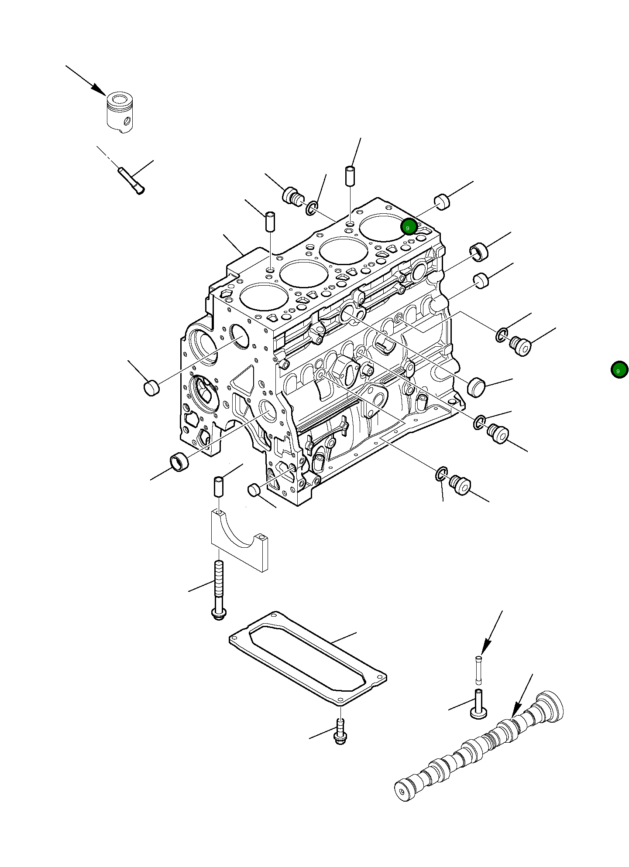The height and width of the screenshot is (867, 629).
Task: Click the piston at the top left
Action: coord(120,113)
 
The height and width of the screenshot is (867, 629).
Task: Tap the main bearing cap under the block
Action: coord(240,541)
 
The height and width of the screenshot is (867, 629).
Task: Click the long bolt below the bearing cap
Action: coord(219,589)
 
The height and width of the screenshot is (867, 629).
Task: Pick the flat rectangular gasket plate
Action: coord(308,659)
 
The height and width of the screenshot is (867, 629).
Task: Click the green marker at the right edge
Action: coord(619,370)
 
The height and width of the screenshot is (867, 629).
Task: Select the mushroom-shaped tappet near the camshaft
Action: coord(478,705)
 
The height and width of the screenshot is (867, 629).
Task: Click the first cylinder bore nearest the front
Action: coord(264,297)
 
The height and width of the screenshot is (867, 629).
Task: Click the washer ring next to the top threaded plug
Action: coord(312,208)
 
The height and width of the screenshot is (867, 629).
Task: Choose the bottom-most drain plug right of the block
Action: coord(460,485)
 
